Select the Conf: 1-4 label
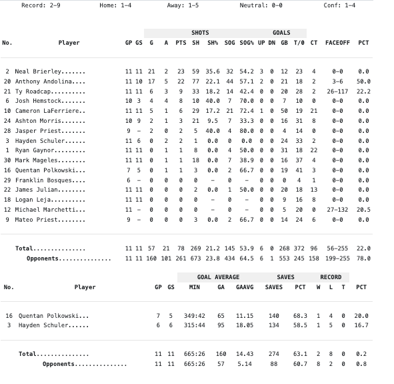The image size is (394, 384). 340,5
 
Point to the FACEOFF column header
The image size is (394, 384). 337,43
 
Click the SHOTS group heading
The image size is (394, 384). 200,33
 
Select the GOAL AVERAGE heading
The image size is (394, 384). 218,277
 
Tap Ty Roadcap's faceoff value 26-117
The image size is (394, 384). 337,91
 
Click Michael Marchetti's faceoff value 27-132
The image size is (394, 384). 337,210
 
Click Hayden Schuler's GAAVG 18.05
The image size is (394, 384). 245,325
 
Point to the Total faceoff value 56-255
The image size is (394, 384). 337,248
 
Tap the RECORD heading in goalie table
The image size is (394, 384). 331,277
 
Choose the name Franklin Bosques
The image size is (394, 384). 43,180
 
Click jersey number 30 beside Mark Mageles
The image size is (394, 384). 7,160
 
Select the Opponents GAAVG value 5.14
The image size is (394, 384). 245,364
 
